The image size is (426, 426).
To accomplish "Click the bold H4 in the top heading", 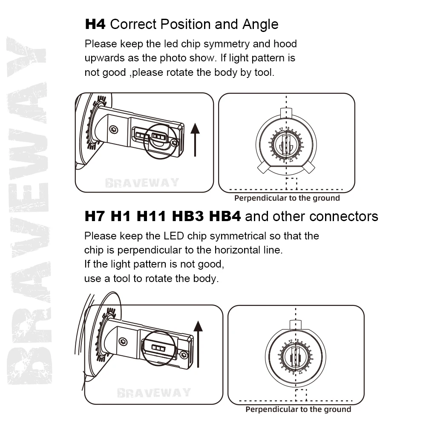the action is (95, 24).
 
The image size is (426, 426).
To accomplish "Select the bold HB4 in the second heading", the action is (225, 216).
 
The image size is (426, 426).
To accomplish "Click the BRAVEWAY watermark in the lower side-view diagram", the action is (154, 392).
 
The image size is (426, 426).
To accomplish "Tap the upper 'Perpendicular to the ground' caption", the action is (287, 198).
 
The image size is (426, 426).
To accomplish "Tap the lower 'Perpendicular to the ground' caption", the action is (298, 409).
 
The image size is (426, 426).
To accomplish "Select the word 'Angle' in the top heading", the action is (260, 24).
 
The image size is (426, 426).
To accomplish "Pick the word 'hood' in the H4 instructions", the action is (285, 44).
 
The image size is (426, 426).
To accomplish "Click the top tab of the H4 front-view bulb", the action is (286, 112).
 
